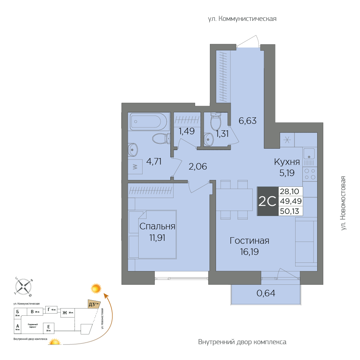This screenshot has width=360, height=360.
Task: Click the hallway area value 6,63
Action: [x=248, y=121]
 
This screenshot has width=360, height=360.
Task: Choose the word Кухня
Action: [x=287, y=162]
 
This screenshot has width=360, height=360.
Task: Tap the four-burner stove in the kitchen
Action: [x=310, y=174]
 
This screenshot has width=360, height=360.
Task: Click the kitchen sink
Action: [x=309, y=154]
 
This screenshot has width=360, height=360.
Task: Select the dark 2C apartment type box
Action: [x=267, y=201]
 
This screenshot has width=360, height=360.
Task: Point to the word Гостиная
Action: [x=249, y=241]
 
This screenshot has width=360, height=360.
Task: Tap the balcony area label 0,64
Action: [x=266, y=293]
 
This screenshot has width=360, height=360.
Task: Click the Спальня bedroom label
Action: [x=157, y=226]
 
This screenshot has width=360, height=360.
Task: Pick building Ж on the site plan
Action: [x=67, y=312]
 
